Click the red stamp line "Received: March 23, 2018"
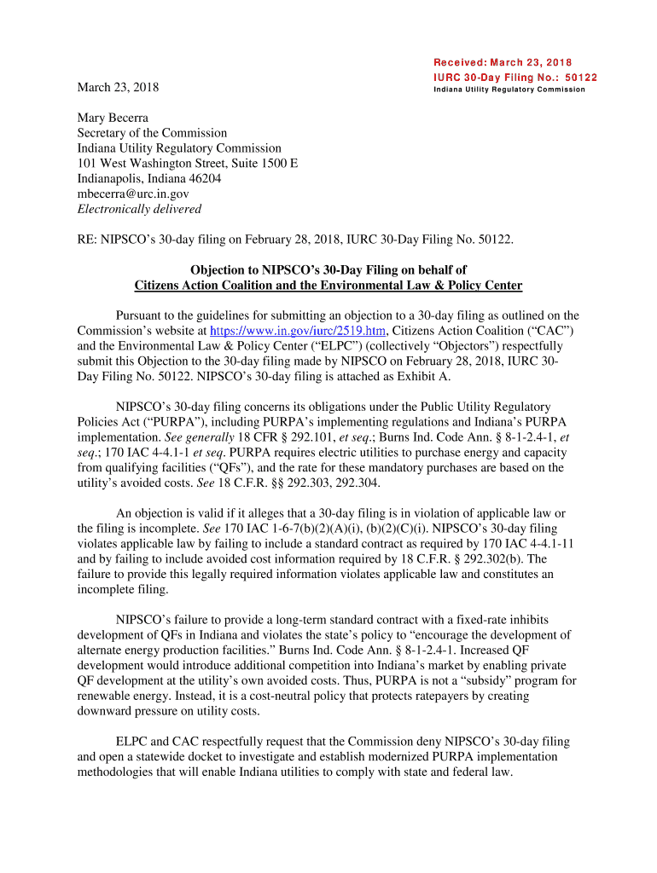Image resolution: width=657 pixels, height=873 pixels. pos(503,62)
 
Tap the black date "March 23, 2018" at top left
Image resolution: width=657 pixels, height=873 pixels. pos(118,88)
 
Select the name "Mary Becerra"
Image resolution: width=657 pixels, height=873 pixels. pos(112,118)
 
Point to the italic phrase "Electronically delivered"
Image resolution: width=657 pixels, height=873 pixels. pos(139,209)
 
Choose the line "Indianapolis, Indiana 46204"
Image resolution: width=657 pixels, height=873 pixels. pos(149,179)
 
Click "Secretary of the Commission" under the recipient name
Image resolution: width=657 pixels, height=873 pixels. pos(152,133)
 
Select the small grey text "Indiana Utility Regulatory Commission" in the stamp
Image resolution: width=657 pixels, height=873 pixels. pos(509,90)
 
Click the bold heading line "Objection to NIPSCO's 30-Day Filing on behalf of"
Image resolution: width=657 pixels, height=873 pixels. pos(328,270)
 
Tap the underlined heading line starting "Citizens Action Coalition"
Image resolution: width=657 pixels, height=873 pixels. pos(328,286)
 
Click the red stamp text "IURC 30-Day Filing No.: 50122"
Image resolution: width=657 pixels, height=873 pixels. pos(515,77)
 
